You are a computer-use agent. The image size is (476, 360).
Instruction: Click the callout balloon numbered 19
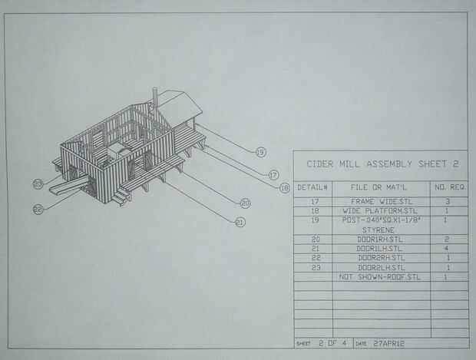[259, 152]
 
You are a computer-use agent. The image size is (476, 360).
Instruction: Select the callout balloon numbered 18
[285, 187]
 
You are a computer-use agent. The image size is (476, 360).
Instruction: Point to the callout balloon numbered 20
[245, 203]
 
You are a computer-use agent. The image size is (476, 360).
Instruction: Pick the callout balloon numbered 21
[240, 222]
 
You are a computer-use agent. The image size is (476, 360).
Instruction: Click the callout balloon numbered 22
[38, 208]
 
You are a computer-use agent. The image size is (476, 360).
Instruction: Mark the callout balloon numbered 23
[38, 183]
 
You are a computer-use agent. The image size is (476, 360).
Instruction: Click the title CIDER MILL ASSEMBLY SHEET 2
[382, 163]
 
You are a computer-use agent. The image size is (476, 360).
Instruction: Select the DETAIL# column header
[312, 187]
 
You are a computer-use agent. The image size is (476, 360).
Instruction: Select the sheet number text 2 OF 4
[330, 342]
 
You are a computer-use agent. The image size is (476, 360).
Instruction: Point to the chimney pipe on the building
[154, 99]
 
